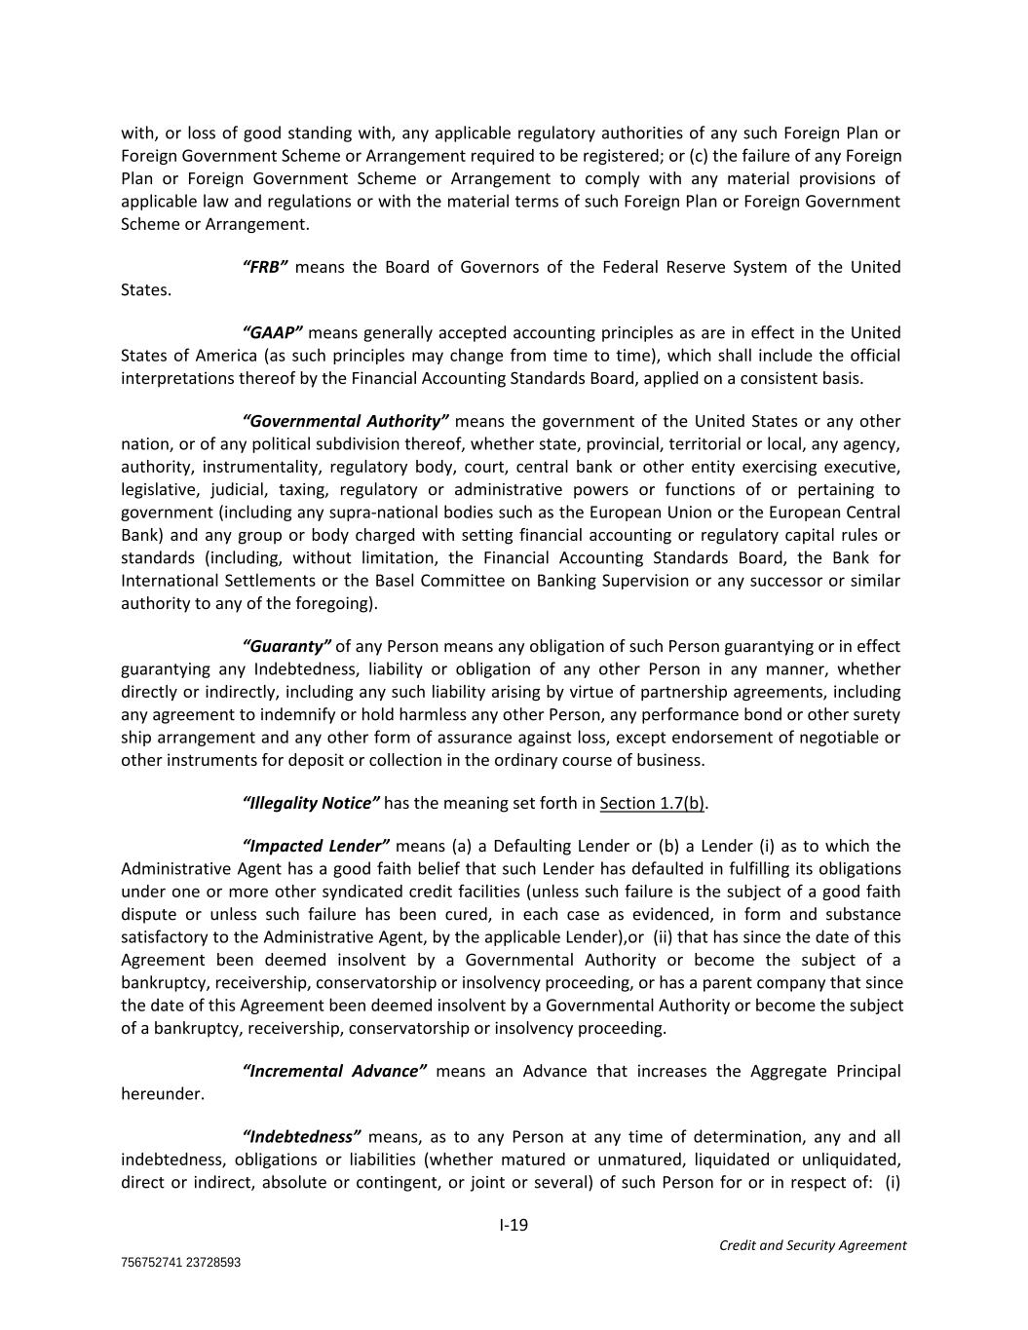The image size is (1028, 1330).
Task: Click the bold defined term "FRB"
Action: point(264,267)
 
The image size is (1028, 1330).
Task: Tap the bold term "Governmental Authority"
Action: point(345,421)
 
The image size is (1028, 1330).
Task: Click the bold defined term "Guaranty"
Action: point(286,646)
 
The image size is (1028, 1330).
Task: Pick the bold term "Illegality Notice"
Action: point(310,803)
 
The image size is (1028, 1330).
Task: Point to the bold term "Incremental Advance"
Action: point(334,1071)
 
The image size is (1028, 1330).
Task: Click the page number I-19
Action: point(514,1225)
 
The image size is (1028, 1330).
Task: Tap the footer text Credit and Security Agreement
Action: point(812,1245)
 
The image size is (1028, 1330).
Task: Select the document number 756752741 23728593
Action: point(180,1262)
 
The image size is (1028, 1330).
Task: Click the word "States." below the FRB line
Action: point(145,289)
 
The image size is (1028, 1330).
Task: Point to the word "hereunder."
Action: point(163,1093)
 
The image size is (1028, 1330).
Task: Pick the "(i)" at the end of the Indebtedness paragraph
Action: point(892,1182)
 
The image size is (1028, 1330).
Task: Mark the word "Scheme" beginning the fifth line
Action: point(149,223)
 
